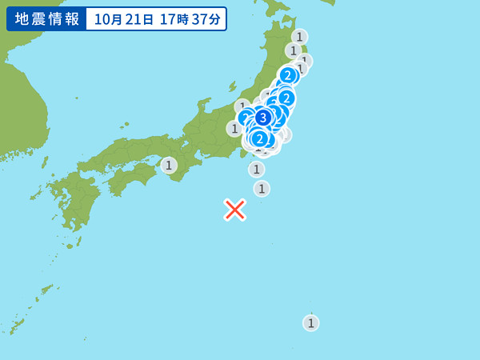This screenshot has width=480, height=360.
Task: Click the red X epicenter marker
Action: (234, 210)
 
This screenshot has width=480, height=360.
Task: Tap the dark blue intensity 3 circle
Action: (262, 118)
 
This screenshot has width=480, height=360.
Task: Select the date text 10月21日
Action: (123, 19)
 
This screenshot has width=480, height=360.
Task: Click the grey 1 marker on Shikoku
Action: (169, 166)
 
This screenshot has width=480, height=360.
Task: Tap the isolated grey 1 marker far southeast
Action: (311, 322)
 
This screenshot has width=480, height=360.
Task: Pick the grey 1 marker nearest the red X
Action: (262, 189)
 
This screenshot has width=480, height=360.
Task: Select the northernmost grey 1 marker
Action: (299, 36)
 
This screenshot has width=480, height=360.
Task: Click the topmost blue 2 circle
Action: (288, 76)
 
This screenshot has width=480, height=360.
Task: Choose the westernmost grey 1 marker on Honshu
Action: (234, 128)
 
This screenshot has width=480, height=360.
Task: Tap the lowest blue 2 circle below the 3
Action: (259, 139)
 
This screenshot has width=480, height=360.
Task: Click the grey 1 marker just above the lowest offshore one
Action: (256, 169)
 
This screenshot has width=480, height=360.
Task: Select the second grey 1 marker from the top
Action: (294, 50)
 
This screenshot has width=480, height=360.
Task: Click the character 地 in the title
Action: (22, 19)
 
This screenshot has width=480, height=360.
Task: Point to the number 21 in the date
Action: (131, 19)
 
